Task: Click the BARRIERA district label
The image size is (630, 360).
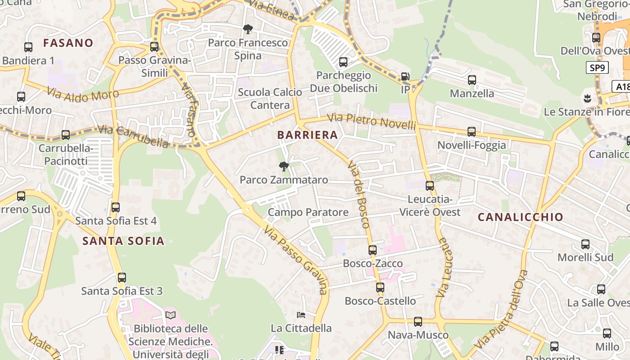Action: [307, 135]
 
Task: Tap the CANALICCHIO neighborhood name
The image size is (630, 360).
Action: [520, 217]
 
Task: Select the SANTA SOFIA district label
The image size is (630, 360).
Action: [123, 241]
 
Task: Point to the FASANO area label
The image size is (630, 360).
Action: [68, 43]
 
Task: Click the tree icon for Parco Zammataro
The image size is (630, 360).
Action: [283, 167]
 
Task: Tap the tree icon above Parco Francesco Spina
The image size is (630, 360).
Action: [247, 30]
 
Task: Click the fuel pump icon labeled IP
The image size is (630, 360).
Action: [405, 76]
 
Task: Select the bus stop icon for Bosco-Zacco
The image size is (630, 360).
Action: [373, 250]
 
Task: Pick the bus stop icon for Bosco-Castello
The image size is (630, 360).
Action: [380, 288]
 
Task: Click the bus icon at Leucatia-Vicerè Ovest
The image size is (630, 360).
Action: [430, 186]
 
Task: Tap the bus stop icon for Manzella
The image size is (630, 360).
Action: [472, 80]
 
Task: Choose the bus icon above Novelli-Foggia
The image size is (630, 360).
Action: [472, 132]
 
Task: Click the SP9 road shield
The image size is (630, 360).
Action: [597, 68]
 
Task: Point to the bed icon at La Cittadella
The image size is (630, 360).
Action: [301, 315]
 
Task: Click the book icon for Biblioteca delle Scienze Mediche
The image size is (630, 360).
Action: [170, 315]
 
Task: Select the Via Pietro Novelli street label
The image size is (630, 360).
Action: [371, 121]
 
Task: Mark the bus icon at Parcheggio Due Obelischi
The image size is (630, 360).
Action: [343, 62]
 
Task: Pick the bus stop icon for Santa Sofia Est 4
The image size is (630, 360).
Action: [116, 207]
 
